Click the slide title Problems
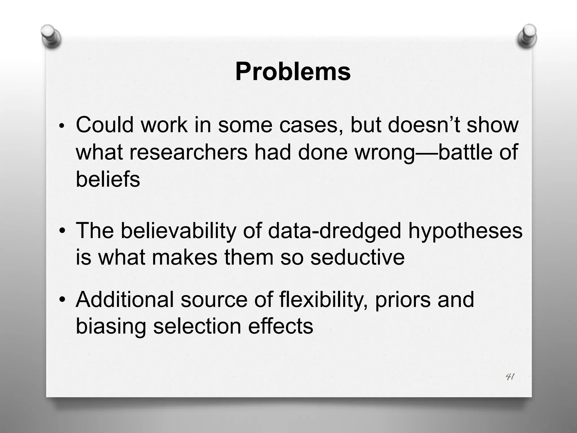click(293, 72)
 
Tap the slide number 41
click(510, 377)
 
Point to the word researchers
click(188, 152)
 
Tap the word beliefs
click(108, 179)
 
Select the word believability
click(178, 231)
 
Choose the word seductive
click(357, 257)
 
